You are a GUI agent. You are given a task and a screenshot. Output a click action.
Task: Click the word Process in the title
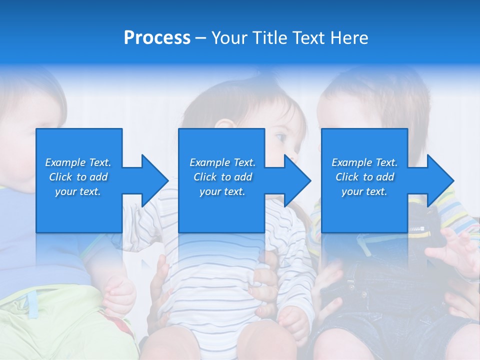point(157,38)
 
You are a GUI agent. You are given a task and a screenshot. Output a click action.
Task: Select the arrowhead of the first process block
point(155,180)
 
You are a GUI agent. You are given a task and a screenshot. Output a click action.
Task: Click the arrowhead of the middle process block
point(297,180)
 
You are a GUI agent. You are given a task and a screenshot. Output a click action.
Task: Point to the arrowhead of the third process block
point(440,180)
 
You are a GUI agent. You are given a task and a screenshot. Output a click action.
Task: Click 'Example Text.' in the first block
point(78,162)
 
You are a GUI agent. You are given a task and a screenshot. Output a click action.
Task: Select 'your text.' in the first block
point(78,191)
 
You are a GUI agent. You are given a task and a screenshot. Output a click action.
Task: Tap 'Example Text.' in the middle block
point(222,162)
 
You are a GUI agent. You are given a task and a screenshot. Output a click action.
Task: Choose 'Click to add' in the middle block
point(222,177)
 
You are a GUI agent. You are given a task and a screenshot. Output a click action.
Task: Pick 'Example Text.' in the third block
point(364,162)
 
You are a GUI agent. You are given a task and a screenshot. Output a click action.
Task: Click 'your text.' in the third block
point(364,191)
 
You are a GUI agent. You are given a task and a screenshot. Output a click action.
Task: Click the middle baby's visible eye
point(280,136)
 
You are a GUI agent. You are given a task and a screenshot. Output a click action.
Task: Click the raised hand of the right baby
point(452,250)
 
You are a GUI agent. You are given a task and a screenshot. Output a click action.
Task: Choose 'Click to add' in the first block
point(78,177)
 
